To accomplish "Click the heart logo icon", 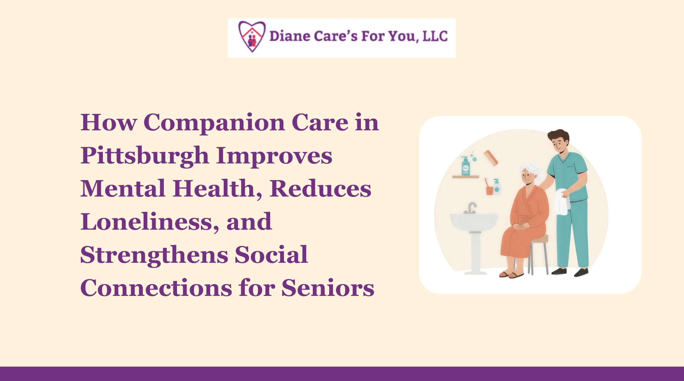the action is pyautogui.click(x=252, y=36).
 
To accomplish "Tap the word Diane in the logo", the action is pyautogui.click(x=290, y=36).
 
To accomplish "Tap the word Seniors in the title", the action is pyautogui.click(x=328, y=288).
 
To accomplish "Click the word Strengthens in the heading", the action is pyautogui.click(x=154, y=255).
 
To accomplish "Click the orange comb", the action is pyautogui.click(x=491, y=158).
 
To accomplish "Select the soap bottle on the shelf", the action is pyautogui.click(x=466, y=166).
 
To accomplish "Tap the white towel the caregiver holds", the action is pyautogui.click(x=562, y=202).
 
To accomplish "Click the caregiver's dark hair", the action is pyautogui.click(x=559, y=135).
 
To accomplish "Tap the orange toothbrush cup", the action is pyautogui.click(x=490, y=190).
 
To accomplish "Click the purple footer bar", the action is pyautogui.click(x=342, y=374).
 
